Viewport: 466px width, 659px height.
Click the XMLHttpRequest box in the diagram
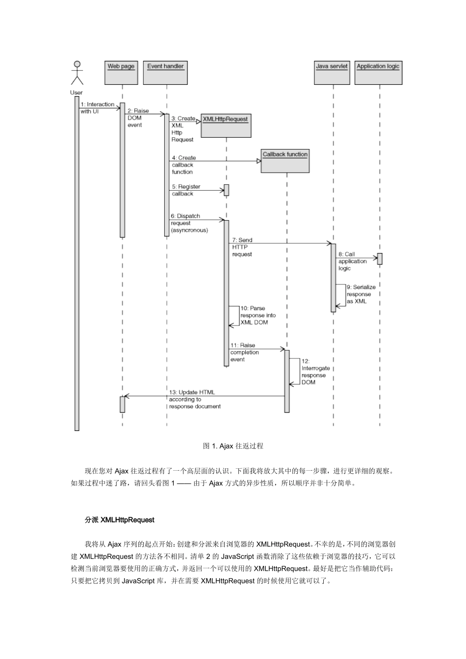[x=226, y=126]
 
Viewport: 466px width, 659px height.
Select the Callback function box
[x=285, y=161]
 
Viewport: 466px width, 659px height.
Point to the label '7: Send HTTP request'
[x=242, y=247]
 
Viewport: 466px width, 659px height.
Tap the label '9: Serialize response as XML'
[x=361, y=294]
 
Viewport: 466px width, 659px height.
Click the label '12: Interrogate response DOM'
[x=315, y=372]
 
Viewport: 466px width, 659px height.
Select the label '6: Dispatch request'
[x=189, y=223]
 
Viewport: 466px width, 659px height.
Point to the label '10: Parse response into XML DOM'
[x=258, y=315]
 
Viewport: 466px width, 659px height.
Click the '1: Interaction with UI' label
[x=97, y=108]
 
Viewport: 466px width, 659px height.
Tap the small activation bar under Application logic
[x=380, y=259]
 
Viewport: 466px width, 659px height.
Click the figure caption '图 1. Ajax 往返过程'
[x=233, y=446]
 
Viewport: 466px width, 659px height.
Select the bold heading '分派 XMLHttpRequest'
[x=120, y=520]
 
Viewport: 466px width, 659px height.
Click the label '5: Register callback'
[x=186, y=190]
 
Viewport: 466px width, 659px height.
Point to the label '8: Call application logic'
[x=352, y=261]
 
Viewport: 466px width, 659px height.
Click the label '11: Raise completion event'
[x=244, y=352]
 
